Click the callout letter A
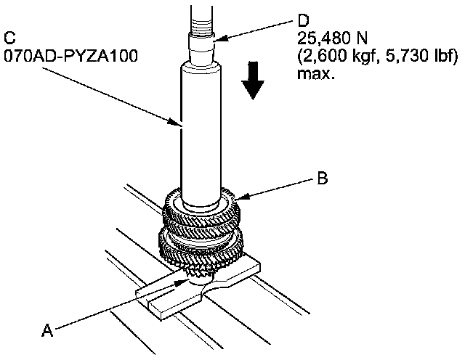[x=47, y=330]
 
